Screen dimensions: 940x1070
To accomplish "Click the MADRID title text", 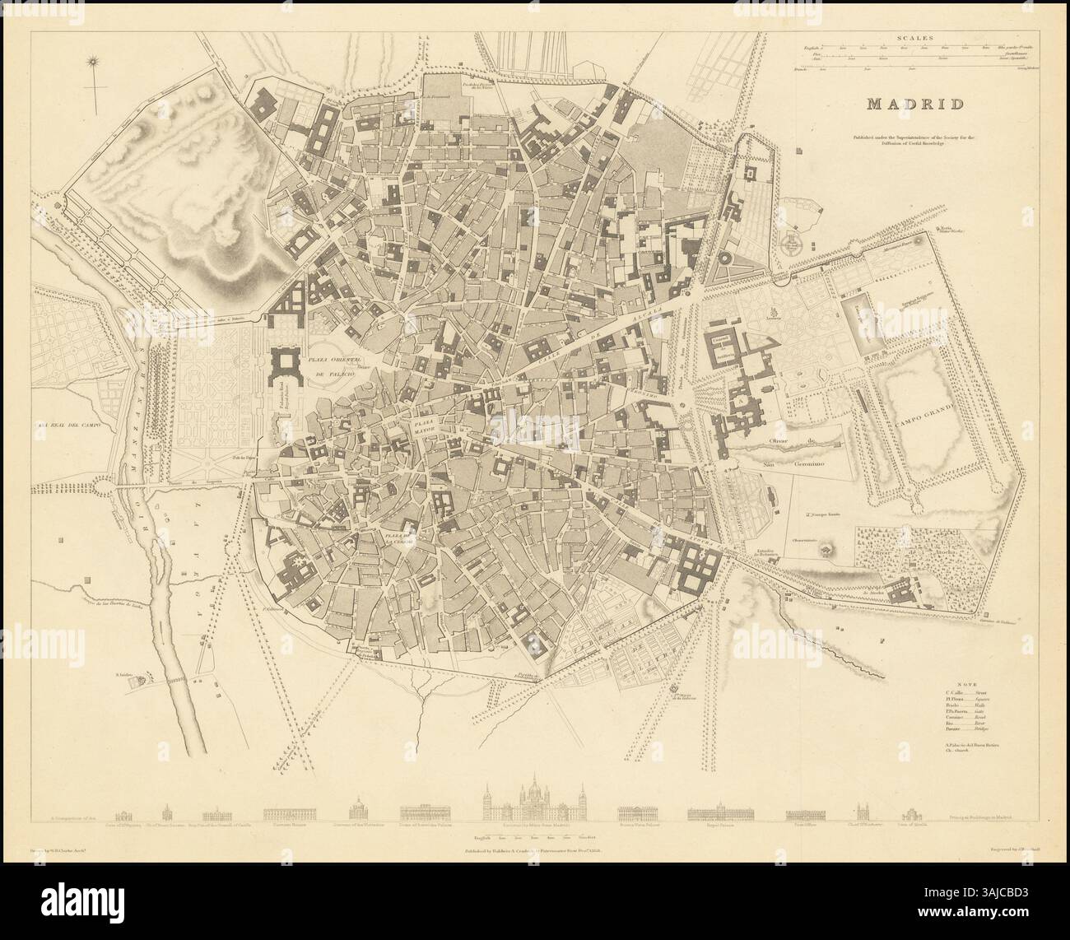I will [914, 104].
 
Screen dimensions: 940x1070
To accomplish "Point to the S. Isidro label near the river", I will [125, 674].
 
